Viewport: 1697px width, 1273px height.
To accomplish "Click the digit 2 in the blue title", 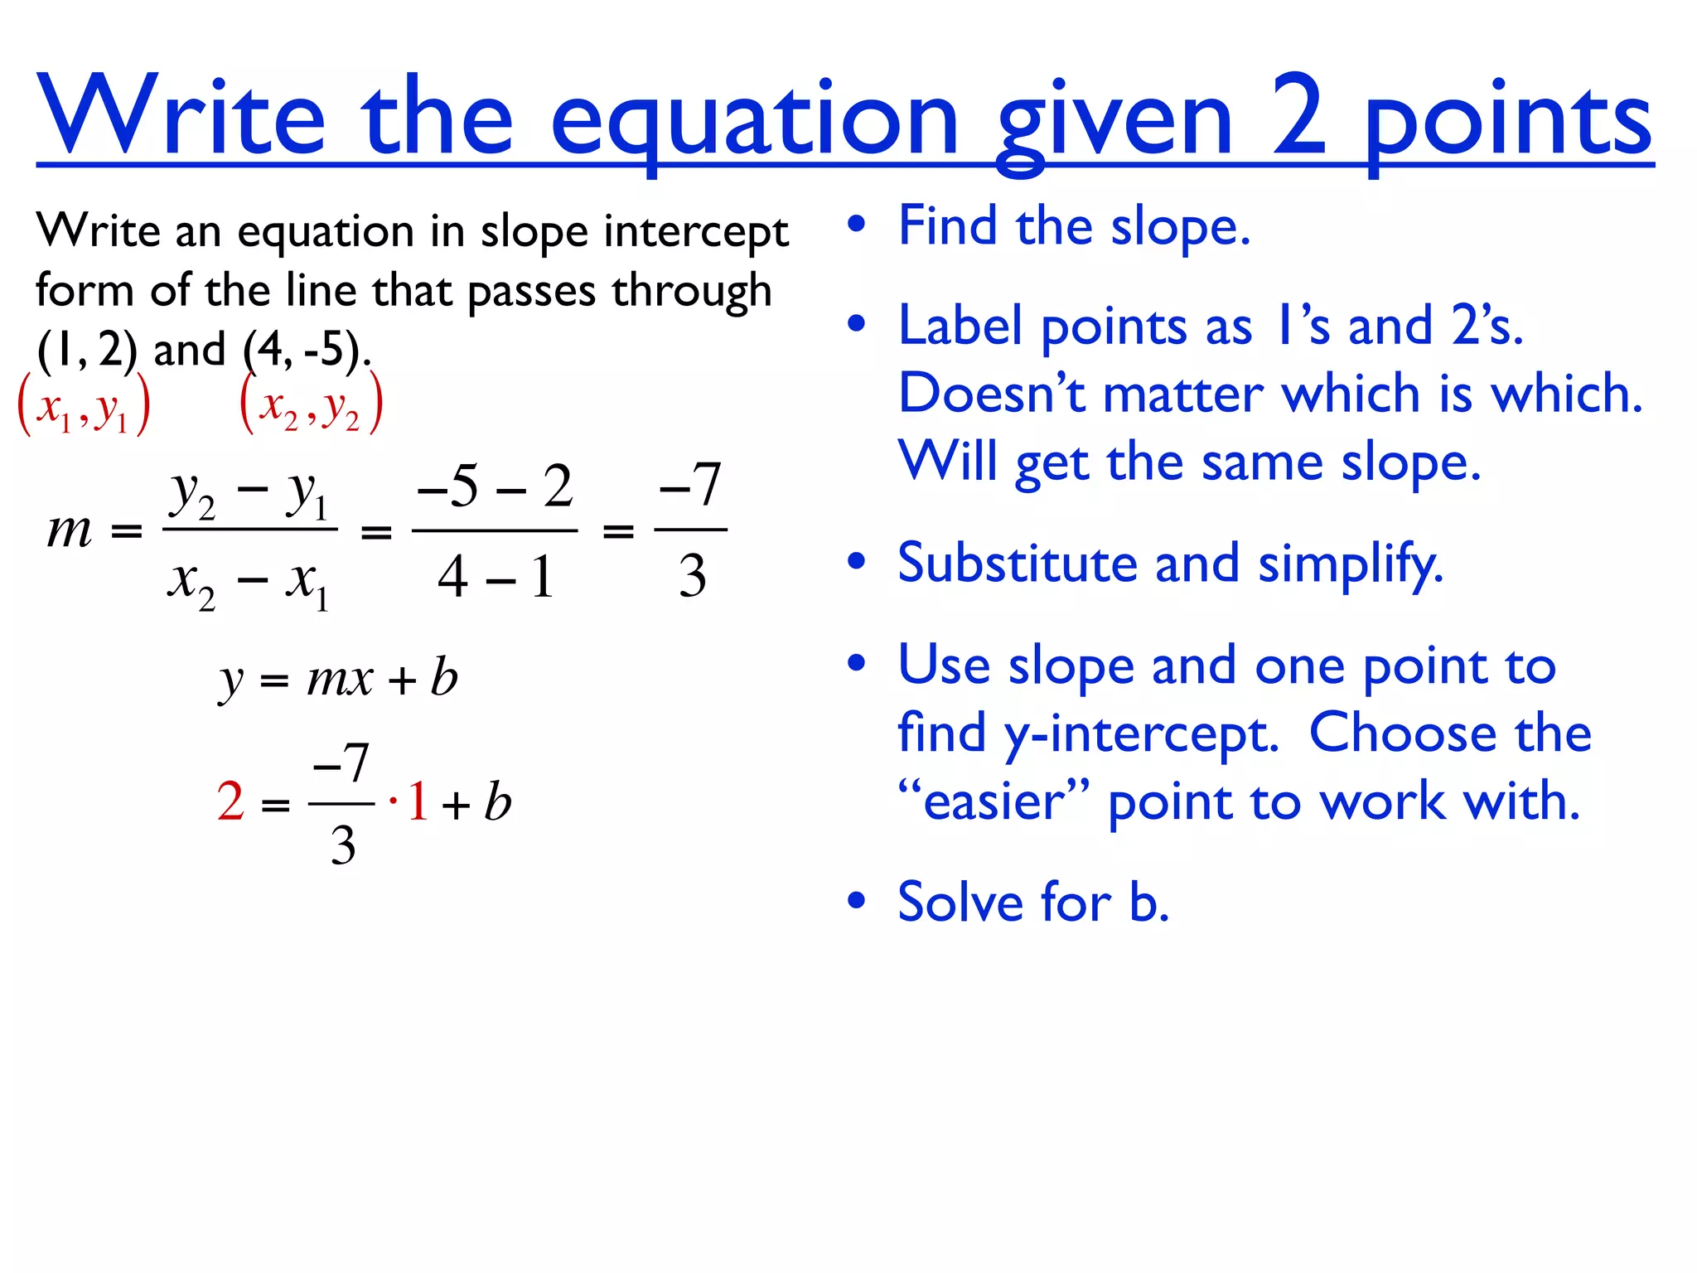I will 1299,116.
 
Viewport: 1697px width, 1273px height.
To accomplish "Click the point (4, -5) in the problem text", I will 303,349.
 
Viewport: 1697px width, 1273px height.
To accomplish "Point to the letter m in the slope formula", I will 70,530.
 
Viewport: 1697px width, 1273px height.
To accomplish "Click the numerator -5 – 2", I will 495,486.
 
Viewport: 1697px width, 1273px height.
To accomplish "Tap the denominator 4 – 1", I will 495,577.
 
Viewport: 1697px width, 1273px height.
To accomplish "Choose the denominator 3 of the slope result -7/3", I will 692,577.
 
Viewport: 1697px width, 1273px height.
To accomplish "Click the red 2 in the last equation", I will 230,802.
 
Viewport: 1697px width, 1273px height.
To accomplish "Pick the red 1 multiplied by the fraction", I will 417,802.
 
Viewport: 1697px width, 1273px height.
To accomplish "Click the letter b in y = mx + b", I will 444,678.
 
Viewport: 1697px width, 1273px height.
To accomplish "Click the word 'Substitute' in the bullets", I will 1018,564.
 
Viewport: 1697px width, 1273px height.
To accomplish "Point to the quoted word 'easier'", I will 994,802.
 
